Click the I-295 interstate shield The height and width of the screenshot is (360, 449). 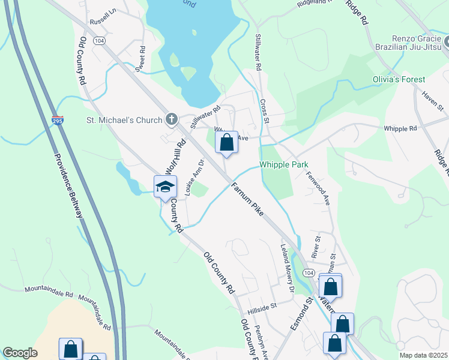tap(57, 121)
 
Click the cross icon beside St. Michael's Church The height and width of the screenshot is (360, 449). tap(172, 119)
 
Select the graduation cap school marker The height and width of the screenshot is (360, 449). tap(165, 187)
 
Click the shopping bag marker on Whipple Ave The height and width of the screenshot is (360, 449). tap(226, 143)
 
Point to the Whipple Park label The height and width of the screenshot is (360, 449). tap(283, 165)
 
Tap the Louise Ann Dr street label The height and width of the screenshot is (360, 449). tap(195, 178)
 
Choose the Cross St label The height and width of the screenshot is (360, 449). tap(265, 112)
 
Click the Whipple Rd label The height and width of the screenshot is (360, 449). tap(400, 128)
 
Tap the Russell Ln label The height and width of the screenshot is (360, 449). tap(101, 17)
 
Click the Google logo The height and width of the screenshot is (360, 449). tap(20, 353)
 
